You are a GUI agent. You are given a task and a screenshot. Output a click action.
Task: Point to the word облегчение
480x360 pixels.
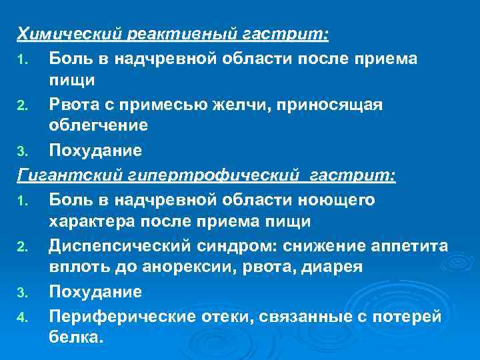[x=98, y=125]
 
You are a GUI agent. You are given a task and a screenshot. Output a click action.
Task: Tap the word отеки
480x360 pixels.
[x=225, y=316]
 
